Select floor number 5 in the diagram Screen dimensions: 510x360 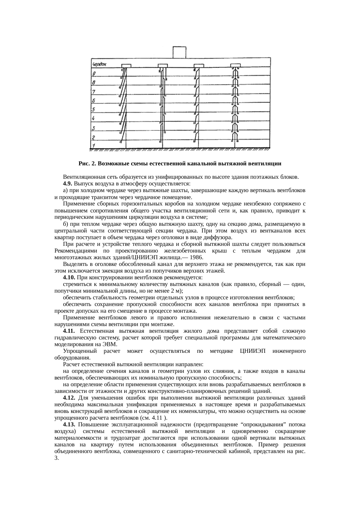click(x=93, y=110)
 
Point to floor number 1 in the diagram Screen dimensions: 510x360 click(x=93, y=145)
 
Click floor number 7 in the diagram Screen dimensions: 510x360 click(x=94, y=92)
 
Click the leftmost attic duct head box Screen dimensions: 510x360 click(x=126, y=65)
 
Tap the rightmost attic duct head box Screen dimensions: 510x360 click(x=235, y=65)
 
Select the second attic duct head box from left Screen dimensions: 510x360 click(x=163, y=65)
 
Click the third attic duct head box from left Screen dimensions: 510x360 click(x=199, y=65)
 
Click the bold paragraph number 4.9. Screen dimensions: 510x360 click(x=68, y=184)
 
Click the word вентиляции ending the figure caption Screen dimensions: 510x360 click(x=269, y=164)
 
